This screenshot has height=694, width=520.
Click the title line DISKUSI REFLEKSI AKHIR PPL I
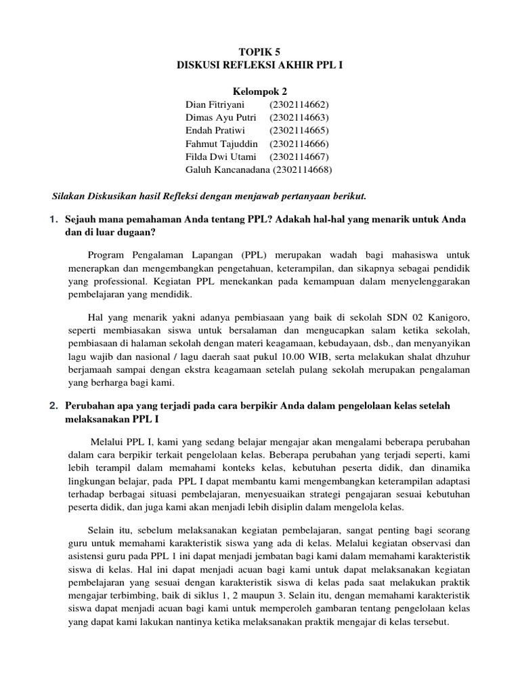coord(259,66)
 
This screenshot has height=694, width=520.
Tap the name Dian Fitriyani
coord(215,105)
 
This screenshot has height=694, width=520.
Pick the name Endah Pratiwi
coord(213,131)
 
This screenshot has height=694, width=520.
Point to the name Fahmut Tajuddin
coord(221,144)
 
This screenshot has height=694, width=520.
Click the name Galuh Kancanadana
coord(226,169)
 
